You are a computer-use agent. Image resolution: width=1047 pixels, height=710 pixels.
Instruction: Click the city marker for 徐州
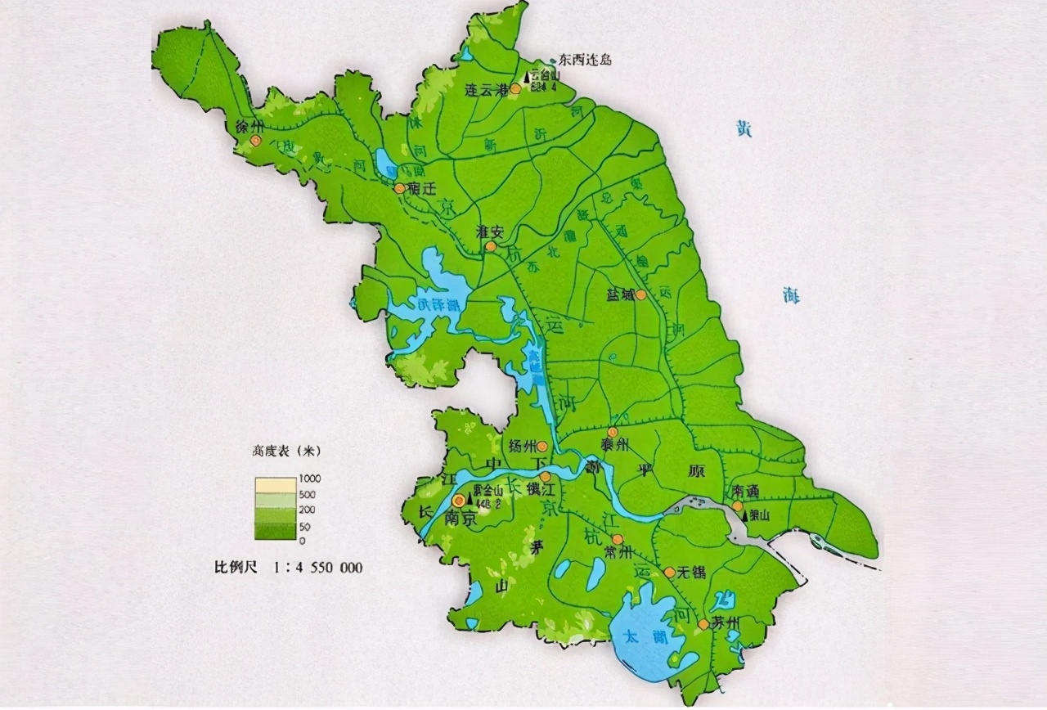(256, 141)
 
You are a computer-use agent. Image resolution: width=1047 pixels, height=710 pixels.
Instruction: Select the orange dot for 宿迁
(399, 188)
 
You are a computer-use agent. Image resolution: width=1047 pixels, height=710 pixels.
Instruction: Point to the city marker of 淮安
(491, 245)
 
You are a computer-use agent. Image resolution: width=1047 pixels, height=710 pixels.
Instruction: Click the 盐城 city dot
(640, 294)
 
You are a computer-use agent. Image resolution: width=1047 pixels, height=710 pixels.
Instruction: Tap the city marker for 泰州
(612, 431)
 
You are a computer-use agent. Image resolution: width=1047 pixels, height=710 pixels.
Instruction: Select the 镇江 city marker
(545, 476)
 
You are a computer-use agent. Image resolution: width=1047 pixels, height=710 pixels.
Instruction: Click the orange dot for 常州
(618, 539)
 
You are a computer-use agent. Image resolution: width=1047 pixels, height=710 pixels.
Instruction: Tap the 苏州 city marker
(703, 624)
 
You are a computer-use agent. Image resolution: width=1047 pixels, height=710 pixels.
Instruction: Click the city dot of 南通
(737, 506)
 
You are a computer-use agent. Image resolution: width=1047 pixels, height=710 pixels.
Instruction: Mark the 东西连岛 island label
(585, 60)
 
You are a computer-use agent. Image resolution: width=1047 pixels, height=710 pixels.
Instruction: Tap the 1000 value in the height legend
(311, 479)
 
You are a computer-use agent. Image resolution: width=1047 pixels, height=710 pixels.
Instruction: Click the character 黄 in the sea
(743, 129)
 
